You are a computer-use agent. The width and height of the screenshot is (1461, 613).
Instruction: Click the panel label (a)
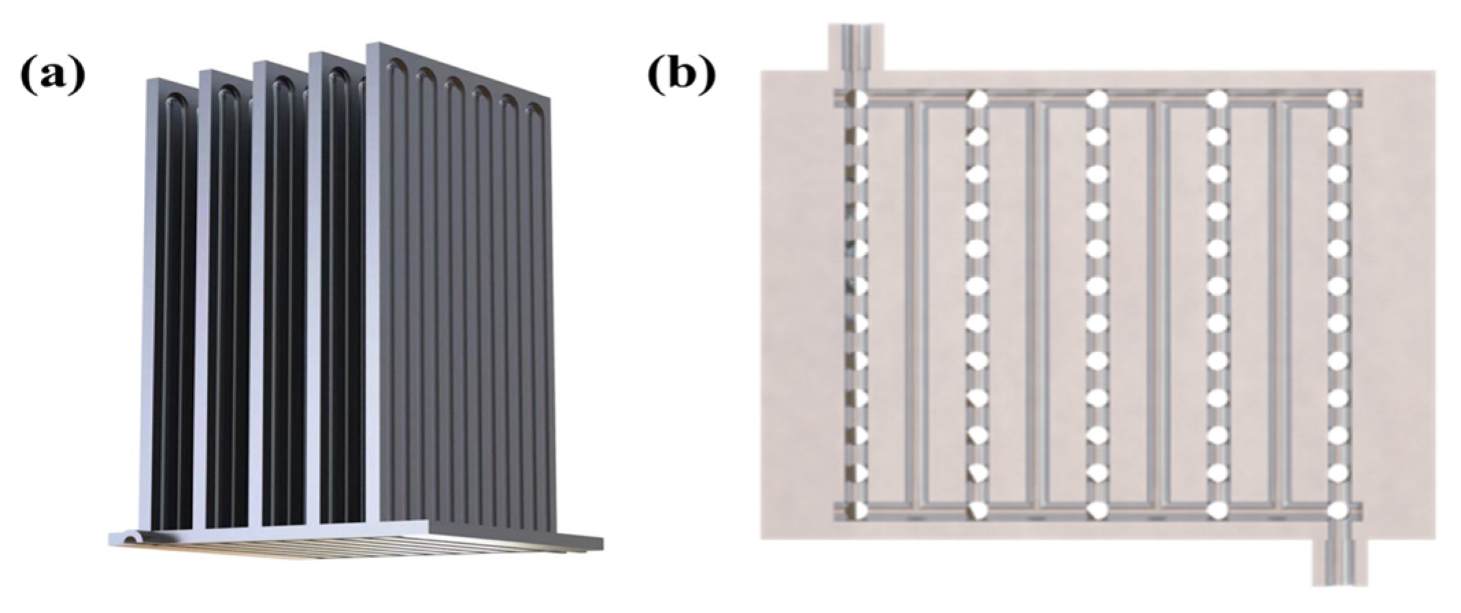tap(52, 75)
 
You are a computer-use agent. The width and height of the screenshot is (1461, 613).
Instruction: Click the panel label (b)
tap(682, 75)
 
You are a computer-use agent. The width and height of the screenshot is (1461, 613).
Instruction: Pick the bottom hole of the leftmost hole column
tap(858, 510)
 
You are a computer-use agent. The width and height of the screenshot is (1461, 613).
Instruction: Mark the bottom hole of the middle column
tap(1097, 510)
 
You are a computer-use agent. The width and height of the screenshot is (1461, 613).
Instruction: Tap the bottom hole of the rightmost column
tap(1338, 510)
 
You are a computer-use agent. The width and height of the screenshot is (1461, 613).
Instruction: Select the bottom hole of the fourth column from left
tap(1217, 510)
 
